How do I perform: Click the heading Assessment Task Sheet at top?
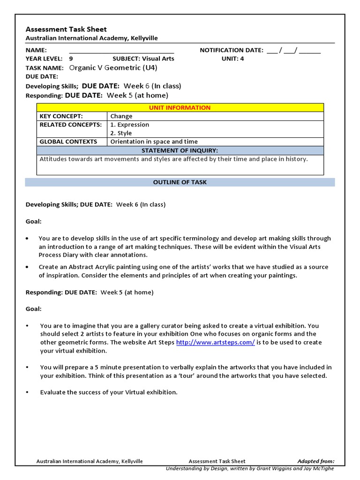coord(66,29)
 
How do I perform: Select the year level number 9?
coord(71,59)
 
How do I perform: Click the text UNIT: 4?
coord(232,59)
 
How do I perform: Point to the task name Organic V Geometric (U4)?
coord(113,67)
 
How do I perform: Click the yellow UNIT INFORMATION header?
coord(180,108)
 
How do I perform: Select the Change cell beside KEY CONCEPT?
coord(121,116)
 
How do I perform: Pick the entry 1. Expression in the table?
coord(130,125)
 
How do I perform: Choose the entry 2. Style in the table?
coord(121,133)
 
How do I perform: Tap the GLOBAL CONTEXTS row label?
coord(68,142)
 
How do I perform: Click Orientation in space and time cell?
coord(154,142)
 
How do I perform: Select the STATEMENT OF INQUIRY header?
coord(180,150)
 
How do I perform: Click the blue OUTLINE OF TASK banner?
coord(180,182)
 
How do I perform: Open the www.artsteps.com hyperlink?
coord(215,343)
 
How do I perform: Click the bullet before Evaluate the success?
coord(28,392)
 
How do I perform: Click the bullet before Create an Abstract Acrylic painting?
coord(28,267)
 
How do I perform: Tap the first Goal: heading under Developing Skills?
coord(33,221)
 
